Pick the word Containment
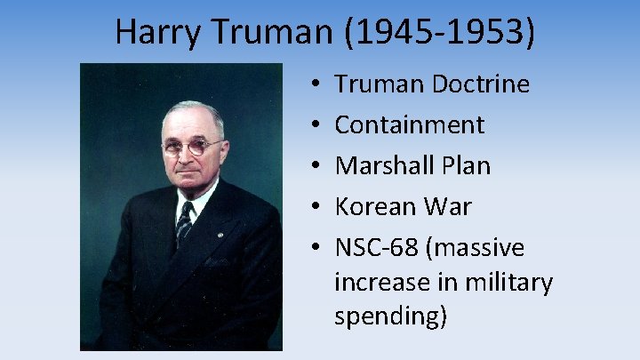409,125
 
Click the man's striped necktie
185,223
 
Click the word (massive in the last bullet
474,248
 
